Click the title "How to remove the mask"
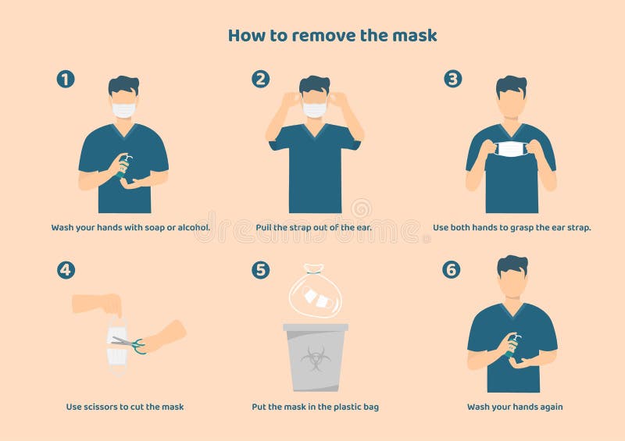tap(332, 35)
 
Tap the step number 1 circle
tap(66, 79)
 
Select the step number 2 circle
tap(261, 79)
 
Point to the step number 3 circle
tap(453, 79)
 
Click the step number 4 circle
tap(66, 270)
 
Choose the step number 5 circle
tap(261, 270)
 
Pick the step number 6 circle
tap(452, 270)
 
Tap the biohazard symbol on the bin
tap(315, 358)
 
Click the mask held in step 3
tap(510, 149)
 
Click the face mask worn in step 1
tap(123, 110)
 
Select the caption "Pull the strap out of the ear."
tap(313, 228)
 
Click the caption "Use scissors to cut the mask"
tap(125, 407)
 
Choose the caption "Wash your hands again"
tap(515, 407)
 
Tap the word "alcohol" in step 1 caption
tap(191, 228)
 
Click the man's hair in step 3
tap(512, 84)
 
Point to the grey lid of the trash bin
tap(315, 327)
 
